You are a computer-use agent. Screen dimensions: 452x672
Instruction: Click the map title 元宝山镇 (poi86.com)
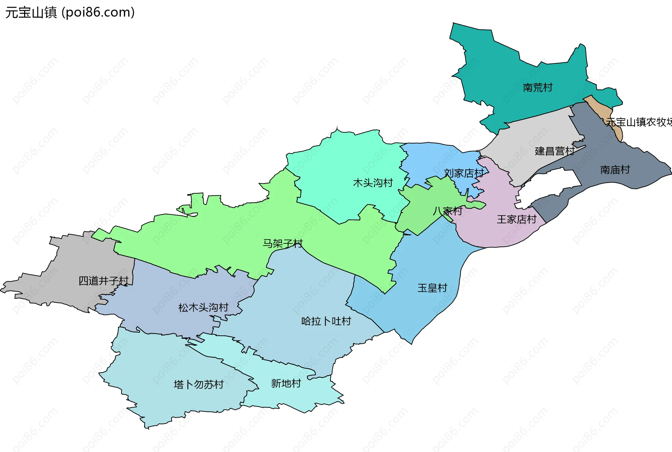click(70, 13)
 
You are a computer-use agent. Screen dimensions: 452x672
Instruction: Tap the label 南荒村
click(537, 88)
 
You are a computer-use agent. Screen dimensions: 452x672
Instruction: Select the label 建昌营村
click(554, 151)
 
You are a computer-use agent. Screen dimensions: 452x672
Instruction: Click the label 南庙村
click(615, 170)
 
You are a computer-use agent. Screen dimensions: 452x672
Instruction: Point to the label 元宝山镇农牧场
click(639, 122)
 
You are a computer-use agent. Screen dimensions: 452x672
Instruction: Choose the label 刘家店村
click(464, 173)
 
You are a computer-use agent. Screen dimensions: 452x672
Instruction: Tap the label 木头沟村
click(373, 183)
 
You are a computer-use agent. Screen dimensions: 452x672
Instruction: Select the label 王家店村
click(517, 220)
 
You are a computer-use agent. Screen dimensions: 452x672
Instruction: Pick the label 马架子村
click(282, 243)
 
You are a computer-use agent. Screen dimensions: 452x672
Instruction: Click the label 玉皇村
click(432, 288)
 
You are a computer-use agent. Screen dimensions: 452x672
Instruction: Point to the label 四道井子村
click(104, 281)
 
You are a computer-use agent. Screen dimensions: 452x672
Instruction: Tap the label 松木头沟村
click(203, 308)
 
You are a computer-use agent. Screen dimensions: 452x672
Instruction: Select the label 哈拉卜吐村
click(326, 321)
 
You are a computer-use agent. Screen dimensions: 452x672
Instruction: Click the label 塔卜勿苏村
click(198, 385)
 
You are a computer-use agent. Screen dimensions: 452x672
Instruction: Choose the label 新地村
click(286, 384)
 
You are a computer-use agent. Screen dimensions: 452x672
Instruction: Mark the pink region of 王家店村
click(497, 235)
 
